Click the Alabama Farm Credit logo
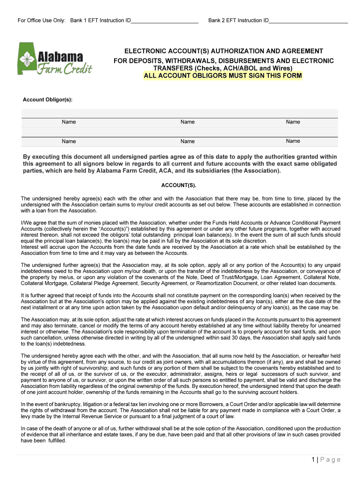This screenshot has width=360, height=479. pos(55,58)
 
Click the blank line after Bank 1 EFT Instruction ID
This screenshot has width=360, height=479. pos(165,21)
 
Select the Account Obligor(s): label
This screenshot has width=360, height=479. pos(48,100)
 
